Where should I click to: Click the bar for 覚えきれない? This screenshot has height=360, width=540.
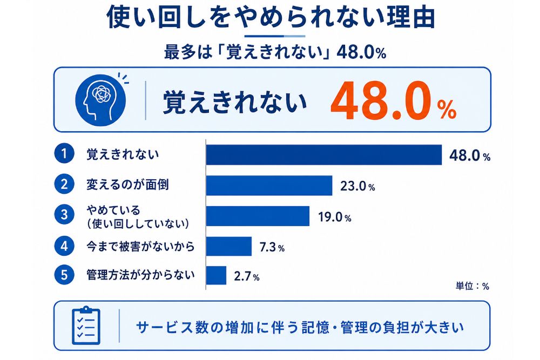click(324, 155)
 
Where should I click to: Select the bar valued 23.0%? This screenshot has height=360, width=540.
click(269, 186)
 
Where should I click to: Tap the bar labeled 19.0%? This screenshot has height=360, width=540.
click(258, 216)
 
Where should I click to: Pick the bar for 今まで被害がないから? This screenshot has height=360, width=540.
click(229, 246)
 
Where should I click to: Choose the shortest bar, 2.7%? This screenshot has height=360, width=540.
click(217, 275)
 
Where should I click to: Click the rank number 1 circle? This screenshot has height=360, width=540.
click(64, 153)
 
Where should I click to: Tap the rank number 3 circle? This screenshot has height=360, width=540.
click(64, 215)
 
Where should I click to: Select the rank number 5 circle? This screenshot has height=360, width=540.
click(64, 275)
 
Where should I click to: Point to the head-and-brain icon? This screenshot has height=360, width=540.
click(100, 100)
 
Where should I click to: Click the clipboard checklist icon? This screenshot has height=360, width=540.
click(86, 325)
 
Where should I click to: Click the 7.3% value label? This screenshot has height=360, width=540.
click(272, 247)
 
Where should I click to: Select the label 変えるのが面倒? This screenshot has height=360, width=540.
click(127, 185)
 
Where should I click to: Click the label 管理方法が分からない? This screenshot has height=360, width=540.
click(140, 275)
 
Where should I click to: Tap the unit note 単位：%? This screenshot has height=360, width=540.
click(472, 286)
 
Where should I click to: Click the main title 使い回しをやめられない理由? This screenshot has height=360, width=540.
click(271, 17)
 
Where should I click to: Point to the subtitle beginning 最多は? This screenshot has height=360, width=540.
click(275, 53)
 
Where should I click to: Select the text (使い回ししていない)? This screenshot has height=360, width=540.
click(138, 223)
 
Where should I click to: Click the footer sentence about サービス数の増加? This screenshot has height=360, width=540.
click(300, 327)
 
